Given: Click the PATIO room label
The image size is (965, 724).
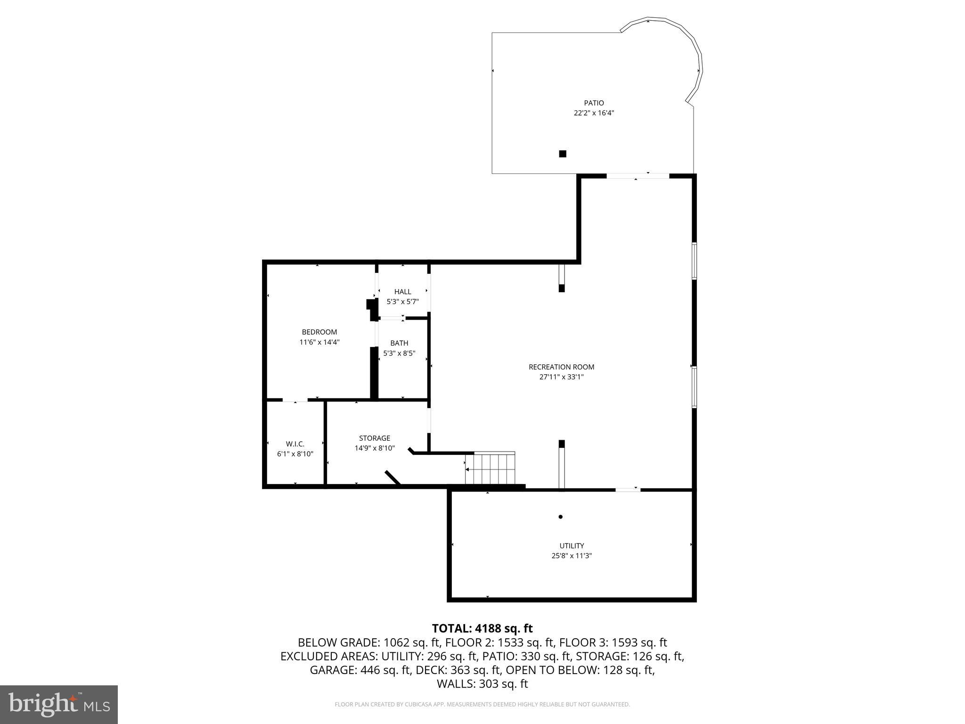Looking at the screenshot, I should pyautogui.click(x=594, y=103).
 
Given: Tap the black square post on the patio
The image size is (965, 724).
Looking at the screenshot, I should pyautogui.click(x=562, y=154).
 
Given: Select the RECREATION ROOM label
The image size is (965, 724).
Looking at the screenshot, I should pyautogui.click(x=561, y=367).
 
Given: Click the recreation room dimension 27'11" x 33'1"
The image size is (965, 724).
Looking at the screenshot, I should pyautogui.click(x=561, y=377).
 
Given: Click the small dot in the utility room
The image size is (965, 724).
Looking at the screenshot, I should pyautogui.click(x=560, y=517).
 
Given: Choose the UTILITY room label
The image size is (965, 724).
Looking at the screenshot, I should pyautogui.click(x=572, y=546).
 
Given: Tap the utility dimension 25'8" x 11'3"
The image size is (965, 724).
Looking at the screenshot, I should pyautogui.click(x=572, y=556).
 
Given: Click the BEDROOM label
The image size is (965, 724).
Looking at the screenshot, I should pyautogui.click(x=319, y=332).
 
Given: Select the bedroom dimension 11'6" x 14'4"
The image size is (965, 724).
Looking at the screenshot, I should pyautogui.click(x=319, y=342).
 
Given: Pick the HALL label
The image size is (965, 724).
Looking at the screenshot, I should pyautogui.click(x=402, y=292).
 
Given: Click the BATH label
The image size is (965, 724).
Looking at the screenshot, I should pyautogui.click(x=399, y=343).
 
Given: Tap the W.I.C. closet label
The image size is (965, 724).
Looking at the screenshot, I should pyautogui.click(x=295, y=444).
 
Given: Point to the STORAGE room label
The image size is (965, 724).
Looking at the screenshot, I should pyautogui.click(x=375, y=438).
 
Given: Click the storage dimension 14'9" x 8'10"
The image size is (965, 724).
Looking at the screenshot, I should pyautogui.click(x=375, y=448).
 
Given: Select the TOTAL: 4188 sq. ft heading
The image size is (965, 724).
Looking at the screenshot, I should pyautogui.click(x=482, y=628).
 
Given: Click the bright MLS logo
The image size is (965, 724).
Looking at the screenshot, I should pyautogui.click(x=59, y=705).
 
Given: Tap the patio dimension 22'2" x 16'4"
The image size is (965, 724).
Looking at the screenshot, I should pyautogui.click(x=594, y=113).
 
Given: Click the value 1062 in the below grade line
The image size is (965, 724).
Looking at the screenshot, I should pyautogui.click(x=398, y=642).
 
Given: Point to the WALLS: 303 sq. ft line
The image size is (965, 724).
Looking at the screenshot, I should pyautogui.click(x=482, y=684).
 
